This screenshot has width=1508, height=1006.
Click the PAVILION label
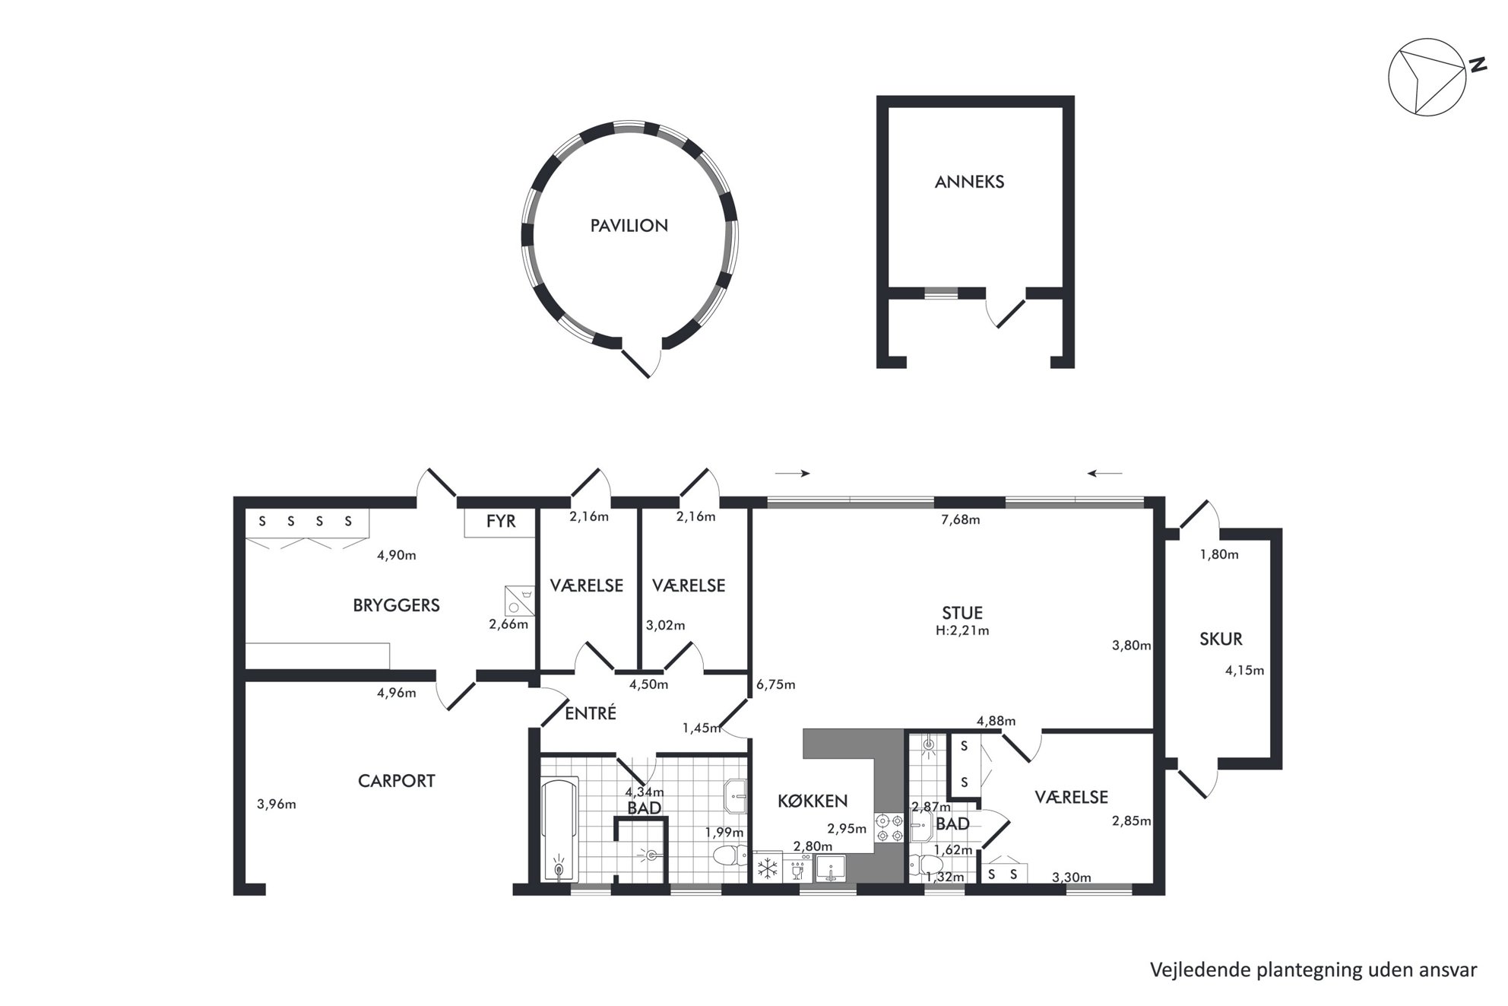629,226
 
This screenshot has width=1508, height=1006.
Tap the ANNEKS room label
969,182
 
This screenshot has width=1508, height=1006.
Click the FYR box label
501,521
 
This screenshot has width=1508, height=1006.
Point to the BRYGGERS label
396,605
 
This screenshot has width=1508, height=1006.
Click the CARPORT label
396,781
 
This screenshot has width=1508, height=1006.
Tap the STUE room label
962,613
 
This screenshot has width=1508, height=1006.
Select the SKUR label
1221,639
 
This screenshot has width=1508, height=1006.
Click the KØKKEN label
812,801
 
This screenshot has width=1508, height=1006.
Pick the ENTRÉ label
591,713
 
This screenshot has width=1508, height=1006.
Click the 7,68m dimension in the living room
961,520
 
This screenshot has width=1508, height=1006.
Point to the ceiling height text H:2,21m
962,630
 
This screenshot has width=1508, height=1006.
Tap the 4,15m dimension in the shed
1245,671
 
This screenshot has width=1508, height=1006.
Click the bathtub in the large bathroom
559,830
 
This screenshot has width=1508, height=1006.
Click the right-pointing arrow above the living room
793,473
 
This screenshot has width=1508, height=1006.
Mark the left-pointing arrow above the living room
1104,474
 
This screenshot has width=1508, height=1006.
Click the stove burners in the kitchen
889,828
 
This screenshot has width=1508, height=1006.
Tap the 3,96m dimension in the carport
277,804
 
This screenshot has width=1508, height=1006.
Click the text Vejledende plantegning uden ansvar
1313,970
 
